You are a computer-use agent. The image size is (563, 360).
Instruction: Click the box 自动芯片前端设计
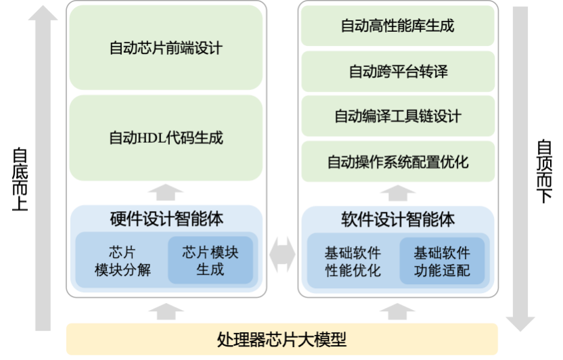166,48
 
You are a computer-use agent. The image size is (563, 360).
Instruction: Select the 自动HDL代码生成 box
166,138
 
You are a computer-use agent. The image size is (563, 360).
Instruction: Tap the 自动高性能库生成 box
397,26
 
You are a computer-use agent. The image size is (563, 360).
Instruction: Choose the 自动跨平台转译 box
397,71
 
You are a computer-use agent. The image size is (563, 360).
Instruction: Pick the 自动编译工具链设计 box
397,116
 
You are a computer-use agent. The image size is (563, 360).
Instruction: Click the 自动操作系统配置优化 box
397,162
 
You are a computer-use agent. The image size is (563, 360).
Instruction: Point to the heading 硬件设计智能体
166,219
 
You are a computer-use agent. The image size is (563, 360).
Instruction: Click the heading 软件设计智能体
397,219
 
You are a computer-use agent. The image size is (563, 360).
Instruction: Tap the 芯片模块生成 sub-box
210,261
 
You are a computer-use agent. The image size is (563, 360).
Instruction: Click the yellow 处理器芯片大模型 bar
281,338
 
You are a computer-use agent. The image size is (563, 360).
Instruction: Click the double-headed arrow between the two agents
281,255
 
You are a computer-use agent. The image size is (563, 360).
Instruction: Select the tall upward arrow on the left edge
43,169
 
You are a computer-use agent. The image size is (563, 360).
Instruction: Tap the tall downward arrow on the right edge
520,169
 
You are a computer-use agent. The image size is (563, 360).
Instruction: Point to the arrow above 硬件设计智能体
166,193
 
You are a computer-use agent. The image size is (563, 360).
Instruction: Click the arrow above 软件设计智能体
397,193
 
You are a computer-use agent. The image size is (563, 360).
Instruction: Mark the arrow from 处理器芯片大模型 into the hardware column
166,311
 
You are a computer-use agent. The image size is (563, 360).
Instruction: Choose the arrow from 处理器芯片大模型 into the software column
397,311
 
